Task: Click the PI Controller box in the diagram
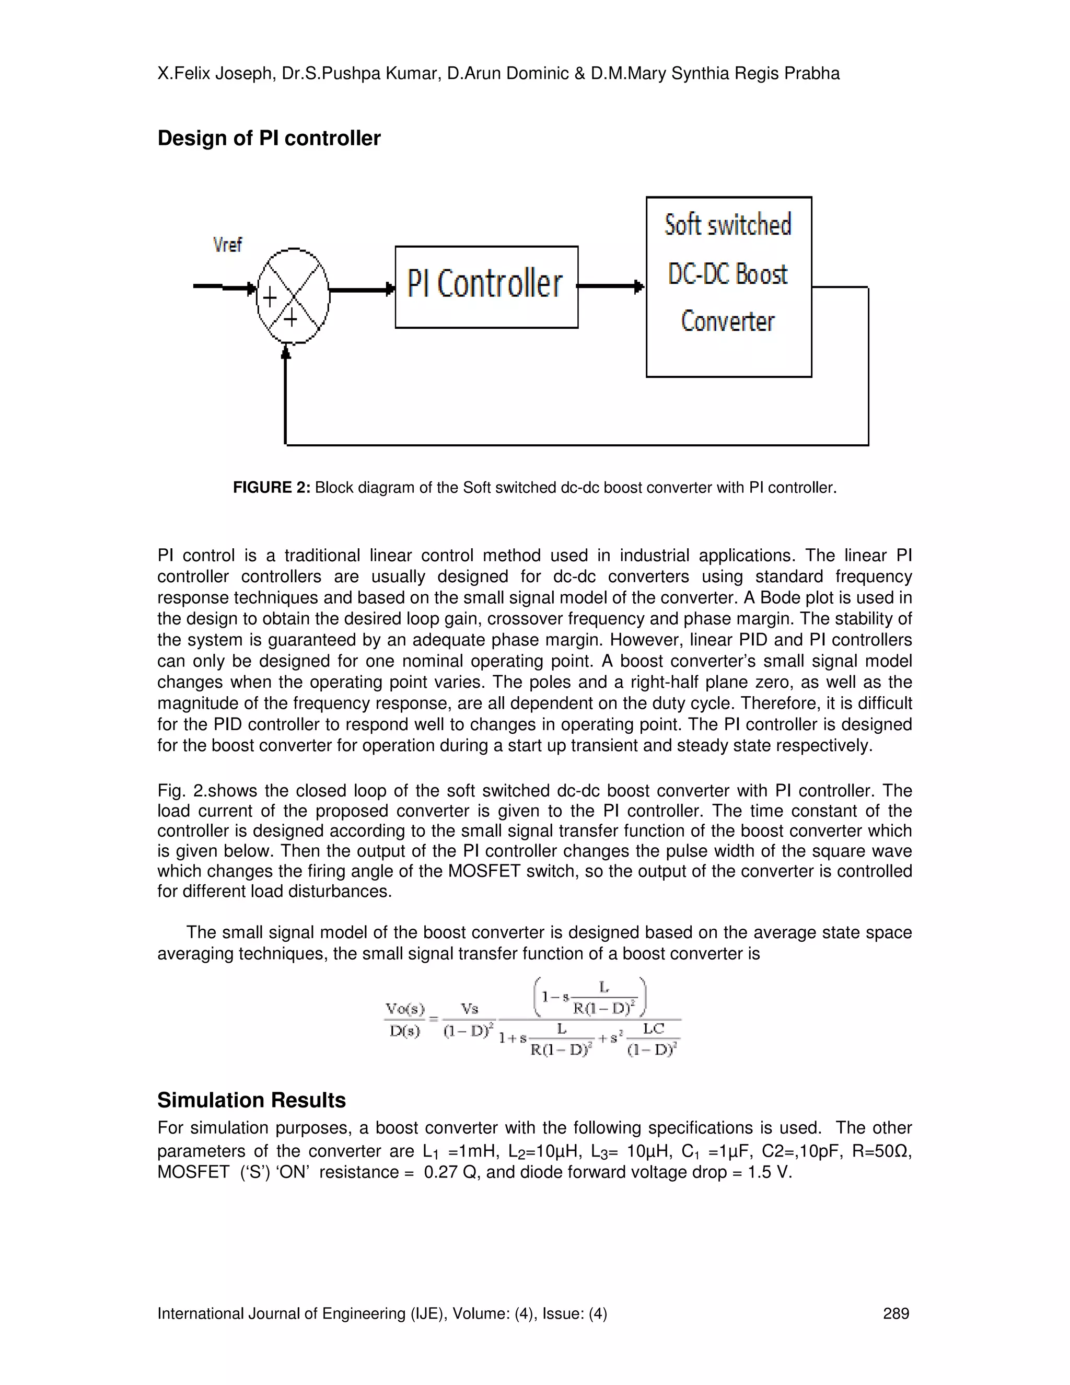tap(486, 286)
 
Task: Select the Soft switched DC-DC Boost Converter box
tap(728, 286)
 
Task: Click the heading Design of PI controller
tap(269, 138)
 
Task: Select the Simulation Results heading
tap(252, 1100)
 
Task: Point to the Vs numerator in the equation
tap(470, 1009)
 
